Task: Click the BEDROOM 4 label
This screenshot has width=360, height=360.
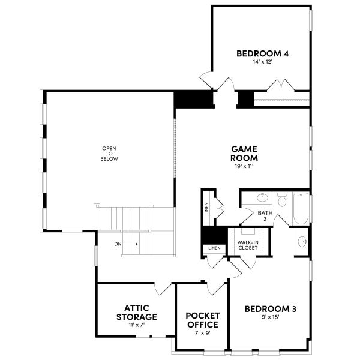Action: tap(262, 53)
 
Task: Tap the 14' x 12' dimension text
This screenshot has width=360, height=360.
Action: tap(262, 62)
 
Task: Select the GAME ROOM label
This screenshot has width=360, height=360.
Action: tap(245, 153)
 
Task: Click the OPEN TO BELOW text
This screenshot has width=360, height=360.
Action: tap(109, 154)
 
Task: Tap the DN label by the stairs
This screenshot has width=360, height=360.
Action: tap(118, 244)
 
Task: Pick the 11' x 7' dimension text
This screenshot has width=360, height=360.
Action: tap(136, 325)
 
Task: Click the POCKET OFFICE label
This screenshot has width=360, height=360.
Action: tap(202, 320)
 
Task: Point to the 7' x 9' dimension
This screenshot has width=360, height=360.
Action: tap(202, 333)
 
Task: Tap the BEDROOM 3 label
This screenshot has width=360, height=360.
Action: tap(271, 309)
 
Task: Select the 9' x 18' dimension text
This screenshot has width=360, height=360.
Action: tap(271, 318)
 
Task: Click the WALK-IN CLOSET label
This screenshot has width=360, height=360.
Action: tap(248, 244)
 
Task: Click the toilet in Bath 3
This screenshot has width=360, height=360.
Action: tap(282, 199)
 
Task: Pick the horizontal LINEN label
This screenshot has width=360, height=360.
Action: tap(214, 248)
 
